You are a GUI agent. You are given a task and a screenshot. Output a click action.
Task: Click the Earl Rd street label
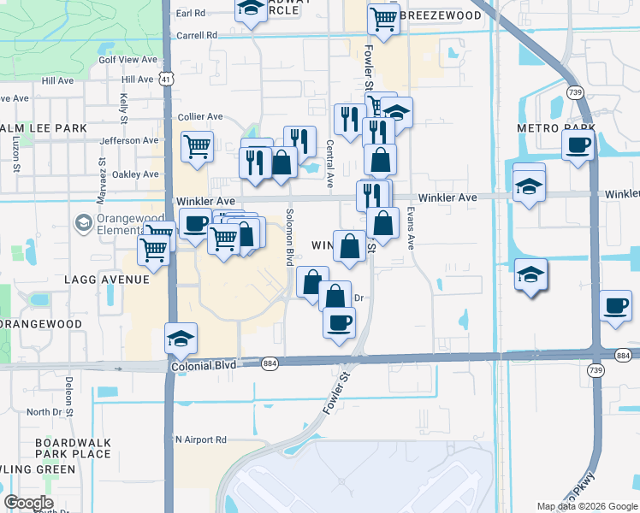(191, 14)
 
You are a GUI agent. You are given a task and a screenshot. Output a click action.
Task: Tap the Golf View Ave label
(128, 60)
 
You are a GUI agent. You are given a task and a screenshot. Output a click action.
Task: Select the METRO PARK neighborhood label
(549, 127)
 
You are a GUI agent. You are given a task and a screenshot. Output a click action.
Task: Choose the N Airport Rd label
(200, 439)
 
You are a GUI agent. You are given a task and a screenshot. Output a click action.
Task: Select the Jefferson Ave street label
(129, 140)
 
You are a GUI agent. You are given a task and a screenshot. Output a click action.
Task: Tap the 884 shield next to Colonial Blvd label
(269, 363)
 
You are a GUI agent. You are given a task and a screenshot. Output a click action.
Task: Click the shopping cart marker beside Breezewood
(383, 16)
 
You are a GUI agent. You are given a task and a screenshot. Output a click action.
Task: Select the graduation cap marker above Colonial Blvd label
(181, 339)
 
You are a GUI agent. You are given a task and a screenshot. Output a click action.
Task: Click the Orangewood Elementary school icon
(83, 223)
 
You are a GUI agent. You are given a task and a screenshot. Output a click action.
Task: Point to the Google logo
(28, 503)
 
